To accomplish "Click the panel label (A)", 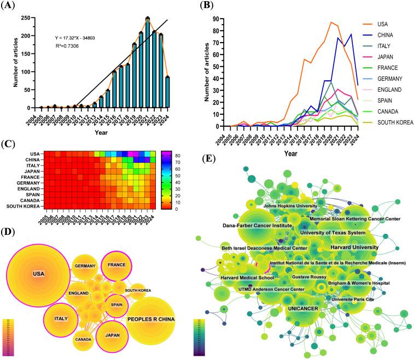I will (9, 7).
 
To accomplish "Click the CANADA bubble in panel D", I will (83, 339).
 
